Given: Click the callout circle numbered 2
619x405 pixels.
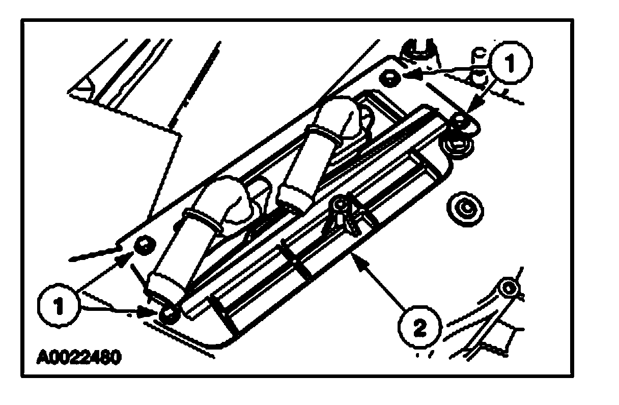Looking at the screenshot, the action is click(x=418, y=328).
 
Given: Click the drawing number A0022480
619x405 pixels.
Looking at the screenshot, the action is click(x=79, y=357).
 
